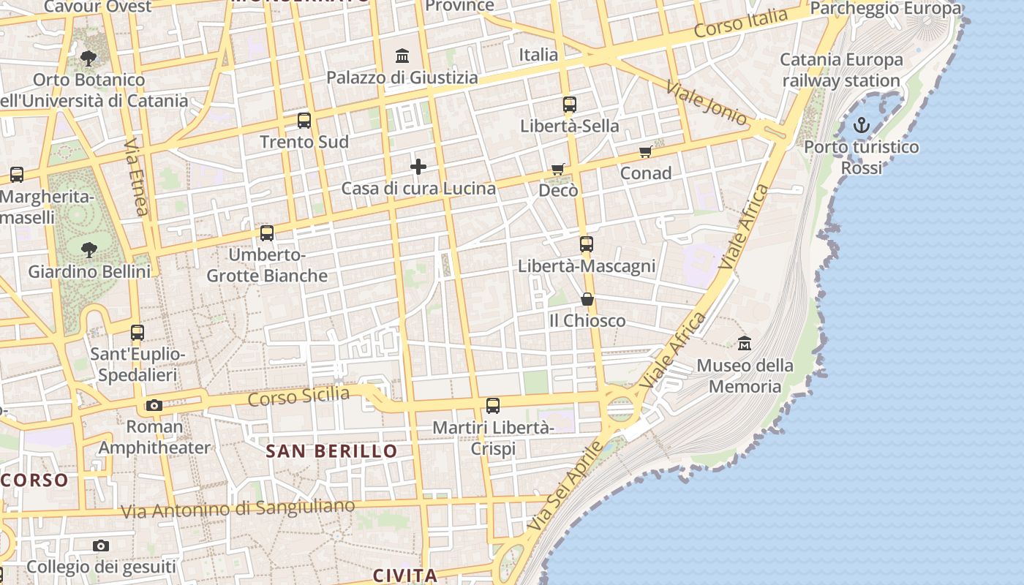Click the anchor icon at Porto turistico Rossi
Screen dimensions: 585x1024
pyautogui.click(x=862, y=125)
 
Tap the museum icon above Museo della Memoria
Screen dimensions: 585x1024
pyautogui.click(x=745, y=342)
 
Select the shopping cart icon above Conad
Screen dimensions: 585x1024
pyautogui.click(x=645, y=152)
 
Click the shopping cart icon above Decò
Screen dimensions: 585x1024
pyautogui.click(x=558, y=170)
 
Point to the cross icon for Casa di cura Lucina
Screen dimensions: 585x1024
pyautogui.click(x=418, y=167)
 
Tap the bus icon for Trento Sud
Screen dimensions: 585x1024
pyautogui.click(x=304, y=121)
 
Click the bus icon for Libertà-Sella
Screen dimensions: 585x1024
pyautogui.click(x=570, y=105)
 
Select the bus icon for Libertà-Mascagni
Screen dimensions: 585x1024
pyautogui.click(x=586, y=244)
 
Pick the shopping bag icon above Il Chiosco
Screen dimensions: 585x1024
pyautogui.click(x=587, y=299)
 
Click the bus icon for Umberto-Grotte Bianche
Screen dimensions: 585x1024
pyautogui.click(x=267, y=233)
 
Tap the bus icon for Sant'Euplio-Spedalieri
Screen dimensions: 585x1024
pyautogui.click(x=138, y=333)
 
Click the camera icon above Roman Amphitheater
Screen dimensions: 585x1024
pyautogui.click(x=154, y=405)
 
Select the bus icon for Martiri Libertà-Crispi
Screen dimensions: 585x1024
pyautogui.click(x=493, y=406)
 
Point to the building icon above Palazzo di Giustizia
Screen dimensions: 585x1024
pyautogui.click(x=402, y=56)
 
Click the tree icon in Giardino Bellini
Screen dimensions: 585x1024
pyautogui.click(x=89, y=250)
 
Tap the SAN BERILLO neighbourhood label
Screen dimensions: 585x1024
pyautogui.click(x=331, y=451)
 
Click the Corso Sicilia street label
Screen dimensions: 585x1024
pyautogui.click(x=298, y=397)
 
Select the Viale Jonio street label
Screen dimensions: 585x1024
pyautogui.click(x=706, y=102)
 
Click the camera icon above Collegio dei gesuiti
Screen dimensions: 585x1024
pyautogui.click(x=101, y=546)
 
